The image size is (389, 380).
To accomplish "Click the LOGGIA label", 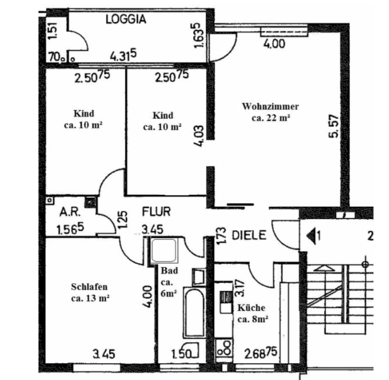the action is click(126, 19).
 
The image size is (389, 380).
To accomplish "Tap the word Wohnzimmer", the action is click(270, 106).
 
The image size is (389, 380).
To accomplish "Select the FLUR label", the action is click(157, 212).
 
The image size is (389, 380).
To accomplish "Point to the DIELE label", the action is click(249, 235).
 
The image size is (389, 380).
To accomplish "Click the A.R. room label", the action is click(70, 212).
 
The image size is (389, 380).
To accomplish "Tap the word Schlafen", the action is click(89, 287).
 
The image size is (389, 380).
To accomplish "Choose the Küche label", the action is click(251, 308).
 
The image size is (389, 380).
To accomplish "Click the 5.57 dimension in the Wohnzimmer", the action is click(334, 126).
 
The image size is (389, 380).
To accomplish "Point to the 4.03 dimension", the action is click(199, 136).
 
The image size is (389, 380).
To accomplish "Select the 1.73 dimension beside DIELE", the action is click(222, 236).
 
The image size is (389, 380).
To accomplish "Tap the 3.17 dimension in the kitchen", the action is click(240, 289).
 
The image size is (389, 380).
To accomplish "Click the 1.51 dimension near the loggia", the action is click(54, 31).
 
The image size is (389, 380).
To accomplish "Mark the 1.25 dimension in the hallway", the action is click(123, 219).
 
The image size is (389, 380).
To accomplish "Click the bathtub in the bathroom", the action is click(194, 313).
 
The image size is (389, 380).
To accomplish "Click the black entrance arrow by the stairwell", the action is click(311, 236).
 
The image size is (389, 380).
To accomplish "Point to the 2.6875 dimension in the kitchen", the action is click(261, 353).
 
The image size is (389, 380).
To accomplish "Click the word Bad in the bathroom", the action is click(169, 271).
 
